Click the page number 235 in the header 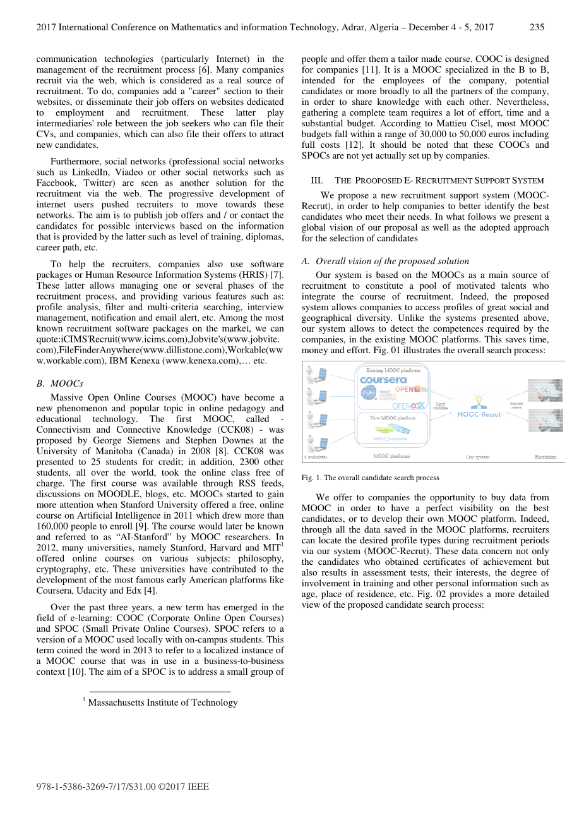coord(537,27)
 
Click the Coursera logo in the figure coord(383,380)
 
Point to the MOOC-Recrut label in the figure coord(479,414)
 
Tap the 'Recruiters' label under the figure coord(545,456)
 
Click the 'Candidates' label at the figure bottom coord(316,456)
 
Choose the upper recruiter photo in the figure coord(545,391)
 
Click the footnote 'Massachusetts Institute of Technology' coord(162,703)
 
